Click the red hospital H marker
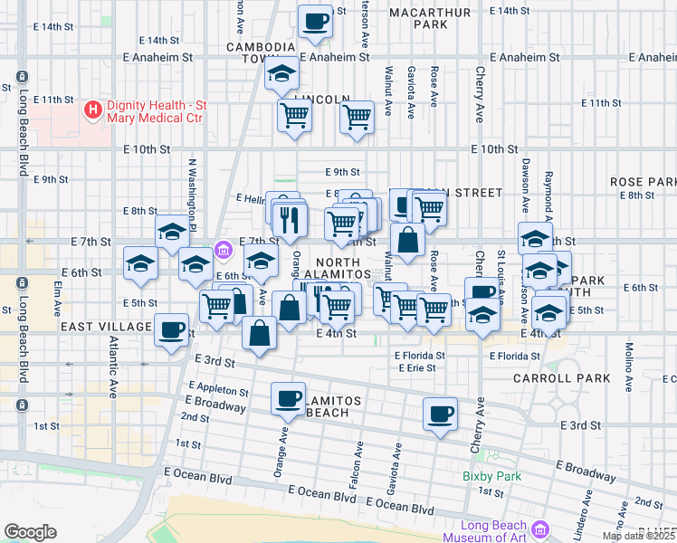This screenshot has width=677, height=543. tap(91, 110)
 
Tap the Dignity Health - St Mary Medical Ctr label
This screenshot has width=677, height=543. tap(157, 110)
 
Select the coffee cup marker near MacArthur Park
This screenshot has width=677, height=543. tap(315, 21)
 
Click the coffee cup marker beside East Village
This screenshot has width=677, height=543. tap(170, 329)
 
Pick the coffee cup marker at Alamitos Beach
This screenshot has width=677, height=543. tap(289, 397)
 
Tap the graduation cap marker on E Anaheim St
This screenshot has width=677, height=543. tap(281, 74)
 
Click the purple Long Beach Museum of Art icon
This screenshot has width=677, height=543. tap(540, 529)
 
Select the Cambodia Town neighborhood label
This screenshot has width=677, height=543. tap(262, 52)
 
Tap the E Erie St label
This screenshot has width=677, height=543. tap(415, 367)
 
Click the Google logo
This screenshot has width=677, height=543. tap(30, 531)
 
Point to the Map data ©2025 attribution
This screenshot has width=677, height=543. tap(639, 536)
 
